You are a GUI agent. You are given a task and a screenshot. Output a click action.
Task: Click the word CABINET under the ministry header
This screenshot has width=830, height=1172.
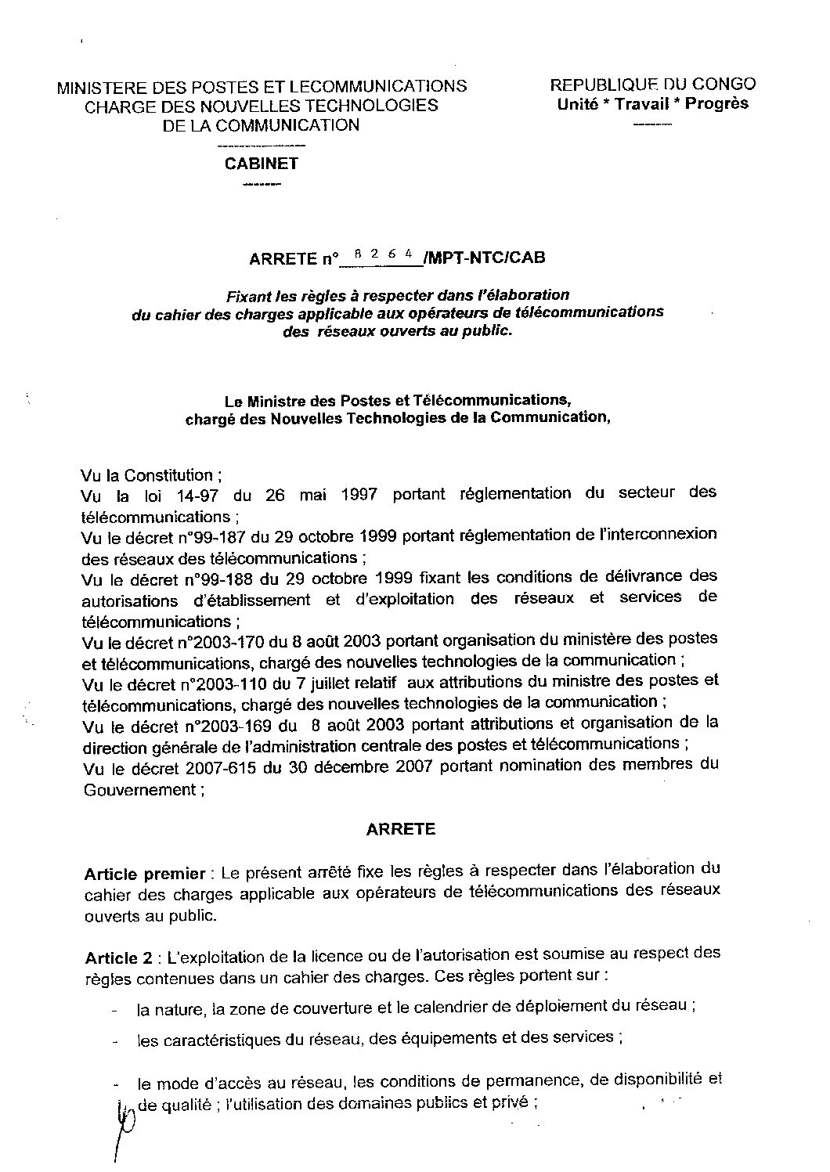(x=261, y=164)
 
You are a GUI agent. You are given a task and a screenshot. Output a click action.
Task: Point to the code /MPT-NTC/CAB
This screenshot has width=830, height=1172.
(x=483, y=258)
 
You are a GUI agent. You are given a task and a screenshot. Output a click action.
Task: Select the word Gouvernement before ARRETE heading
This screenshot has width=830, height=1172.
(x=139, y=790)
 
